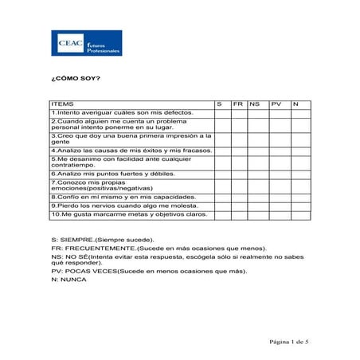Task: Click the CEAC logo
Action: (87, 44)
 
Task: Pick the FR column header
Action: (238, 104)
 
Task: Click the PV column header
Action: (276, 104)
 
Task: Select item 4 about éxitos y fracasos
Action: (131, 150)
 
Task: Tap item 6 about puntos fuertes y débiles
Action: (112, 173)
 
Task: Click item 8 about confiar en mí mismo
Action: (123, 196)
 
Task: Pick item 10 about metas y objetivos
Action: (129, 214)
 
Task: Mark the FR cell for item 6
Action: (239, 173)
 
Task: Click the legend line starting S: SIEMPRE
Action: (103, 239)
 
